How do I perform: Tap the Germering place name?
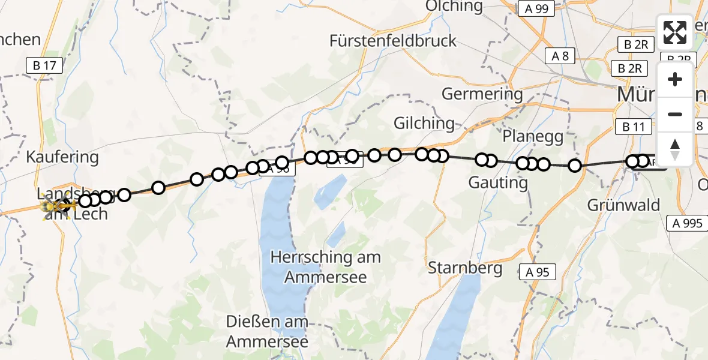click(482, 94)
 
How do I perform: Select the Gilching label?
click(424, 123)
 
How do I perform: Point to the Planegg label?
click(533, 136)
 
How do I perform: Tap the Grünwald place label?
click(623, 205)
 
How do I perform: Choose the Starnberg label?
click(465, 268)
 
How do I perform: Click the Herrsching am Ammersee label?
click(325, 267)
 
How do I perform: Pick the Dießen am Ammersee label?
click(267, 331)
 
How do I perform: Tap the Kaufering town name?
click(62, 158)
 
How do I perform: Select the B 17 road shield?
click(44, 65)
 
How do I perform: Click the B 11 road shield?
click(634, 127)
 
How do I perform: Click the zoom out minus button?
click(675, 114)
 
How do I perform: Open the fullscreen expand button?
click(675, 32)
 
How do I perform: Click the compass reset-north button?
click(675, 149)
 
